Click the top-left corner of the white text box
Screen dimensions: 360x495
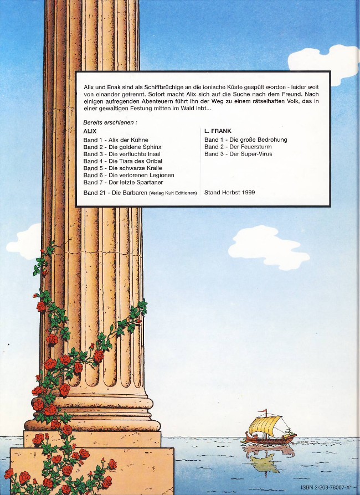pos(76,71)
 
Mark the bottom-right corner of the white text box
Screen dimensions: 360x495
pos(330,207)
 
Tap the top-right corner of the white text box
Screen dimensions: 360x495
pos(330,71)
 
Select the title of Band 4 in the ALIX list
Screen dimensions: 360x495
pos(135,161)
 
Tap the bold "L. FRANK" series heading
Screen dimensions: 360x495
pos(218,131)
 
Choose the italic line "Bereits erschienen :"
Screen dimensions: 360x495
pos(110,122)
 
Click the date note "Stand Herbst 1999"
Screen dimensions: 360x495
pos(230,192)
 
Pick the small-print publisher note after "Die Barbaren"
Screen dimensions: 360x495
pos(173,193)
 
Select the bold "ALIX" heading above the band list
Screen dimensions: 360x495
pos(90,131)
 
